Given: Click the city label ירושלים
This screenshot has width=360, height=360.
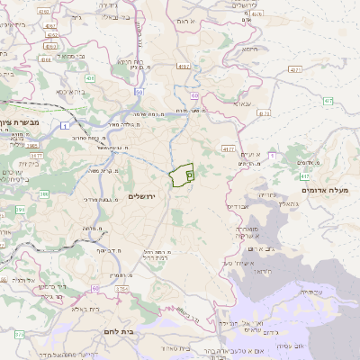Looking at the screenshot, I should coord(142,196).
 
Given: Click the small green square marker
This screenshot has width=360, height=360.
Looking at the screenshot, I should coord(189,175).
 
